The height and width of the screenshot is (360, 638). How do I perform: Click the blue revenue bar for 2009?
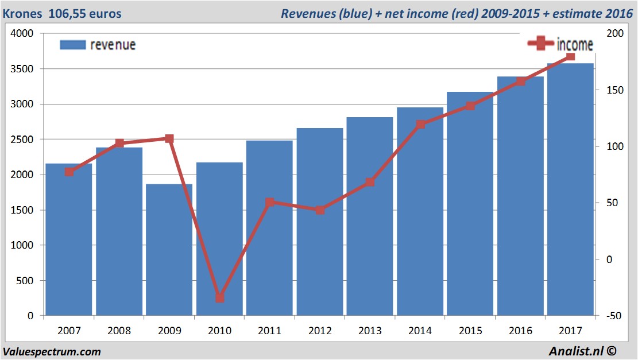tap(169, 250)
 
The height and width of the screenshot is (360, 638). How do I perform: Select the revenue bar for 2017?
tap(570, 189)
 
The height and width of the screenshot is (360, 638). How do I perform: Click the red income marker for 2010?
tap(219, 298)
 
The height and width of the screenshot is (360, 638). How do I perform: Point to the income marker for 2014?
tap(420, 124)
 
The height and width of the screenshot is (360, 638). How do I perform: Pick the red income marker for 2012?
tap(320, 210)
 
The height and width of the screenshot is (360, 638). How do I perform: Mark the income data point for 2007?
tap(69, 172)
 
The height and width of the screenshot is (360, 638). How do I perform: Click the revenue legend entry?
tap(98, 45)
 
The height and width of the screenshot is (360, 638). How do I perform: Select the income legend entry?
tap(560, 44)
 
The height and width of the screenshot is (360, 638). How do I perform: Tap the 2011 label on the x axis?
tap(269, 331)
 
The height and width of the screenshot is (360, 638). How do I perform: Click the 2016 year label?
tap(520, 331)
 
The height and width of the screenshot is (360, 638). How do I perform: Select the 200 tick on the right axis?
tap(614, 34)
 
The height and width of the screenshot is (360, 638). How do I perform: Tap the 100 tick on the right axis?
tap(614, 146)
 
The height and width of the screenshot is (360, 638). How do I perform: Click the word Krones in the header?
tap(22, 13)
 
